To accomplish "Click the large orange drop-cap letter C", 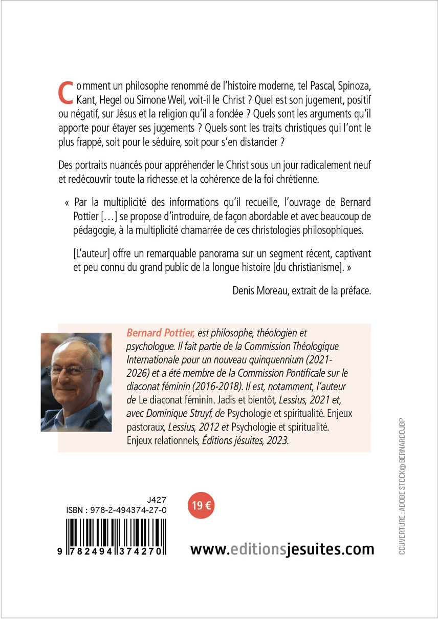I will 65,91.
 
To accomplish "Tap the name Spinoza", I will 352,85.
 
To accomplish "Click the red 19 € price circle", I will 201,505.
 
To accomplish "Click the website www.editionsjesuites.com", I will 282,549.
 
